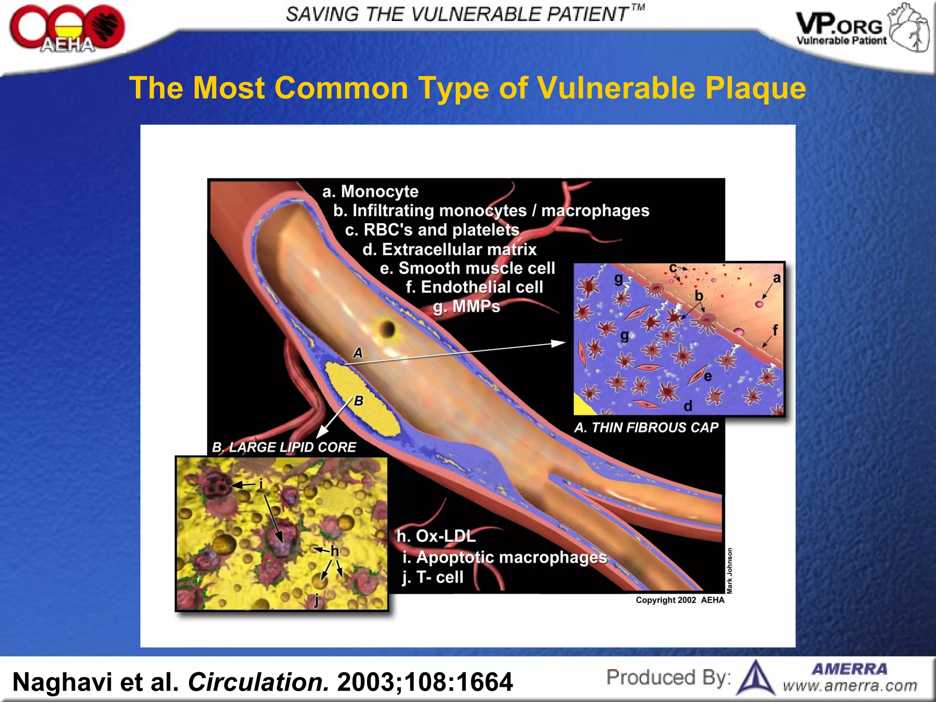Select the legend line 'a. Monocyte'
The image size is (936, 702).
point(370,191)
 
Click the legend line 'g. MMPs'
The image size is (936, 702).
point(467,307)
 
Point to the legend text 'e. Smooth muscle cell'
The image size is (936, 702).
point(467,268)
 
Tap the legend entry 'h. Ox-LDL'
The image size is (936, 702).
point(436,536)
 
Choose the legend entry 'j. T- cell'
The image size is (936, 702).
point(432,577)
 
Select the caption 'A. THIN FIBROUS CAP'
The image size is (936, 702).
point(646,428)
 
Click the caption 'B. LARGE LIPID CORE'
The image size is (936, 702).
point(284,447)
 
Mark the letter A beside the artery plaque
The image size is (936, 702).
point(358,353)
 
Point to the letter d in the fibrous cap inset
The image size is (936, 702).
point(688,406)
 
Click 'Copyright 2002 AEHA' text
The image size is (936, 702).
point(680,600)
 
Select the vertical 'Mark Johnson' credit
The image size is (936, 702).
point(729,571)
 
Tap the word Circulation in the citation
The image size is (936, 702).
point(258,682)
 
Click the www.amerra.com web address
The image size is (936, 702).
point(850,686)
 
